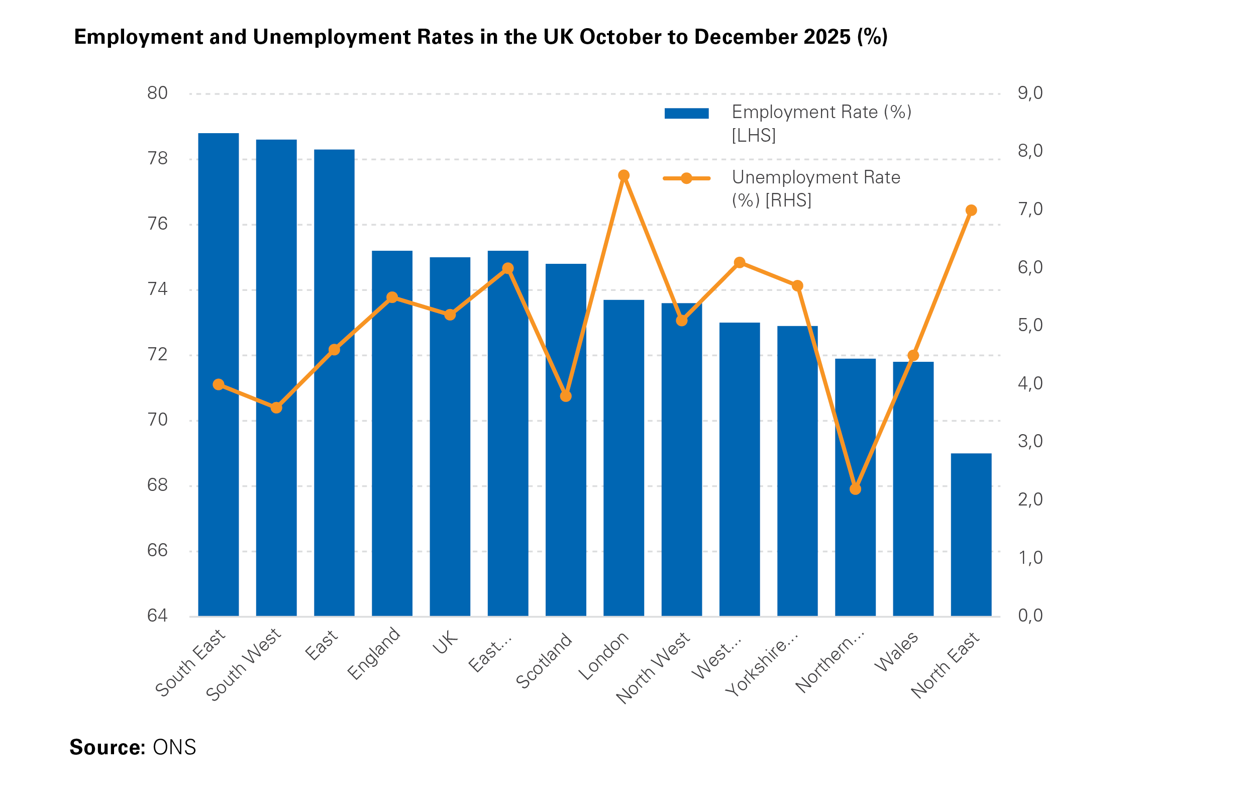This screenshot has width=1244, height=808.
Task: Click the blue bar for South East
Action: coord(219,376)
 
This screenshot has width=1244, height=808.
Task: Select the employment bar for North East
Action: coord(971,536)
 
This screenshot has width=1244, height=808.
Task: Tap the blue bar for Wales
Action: coord(912,491)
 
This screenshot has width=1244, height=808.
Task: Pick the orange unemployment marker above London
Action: coord(624,175)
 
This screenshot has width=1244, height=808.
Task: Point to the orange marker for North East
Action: coord(971,211)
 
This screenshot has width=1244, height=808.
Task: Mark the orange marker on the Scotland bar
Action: coord(566,396)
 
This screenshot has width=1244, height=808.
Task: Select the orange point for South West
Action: coord(276,408)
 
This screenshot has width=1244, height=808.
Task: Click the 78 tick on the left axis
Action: coord(157,159)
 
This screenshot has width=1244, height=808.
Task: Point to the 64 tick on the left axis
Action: coord(157,616)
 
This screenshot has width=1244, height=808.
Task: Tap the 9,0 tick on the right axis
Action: coord(1029,93)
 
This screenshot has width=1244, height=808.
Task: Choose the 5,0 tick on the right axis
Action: coord(1029,326)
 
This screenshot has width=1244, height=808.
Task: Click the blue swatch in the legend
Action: coord(686,114)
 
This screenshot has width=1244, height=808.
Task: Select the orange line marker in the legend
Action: coord(686,179)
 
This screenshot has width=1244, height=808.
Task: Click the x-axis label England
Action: coord(374,654)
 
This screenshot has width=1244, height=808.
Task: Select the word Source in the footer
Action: coord(107,747)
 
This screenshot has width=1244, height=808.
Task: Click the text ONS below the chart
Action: coord(174,747)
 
